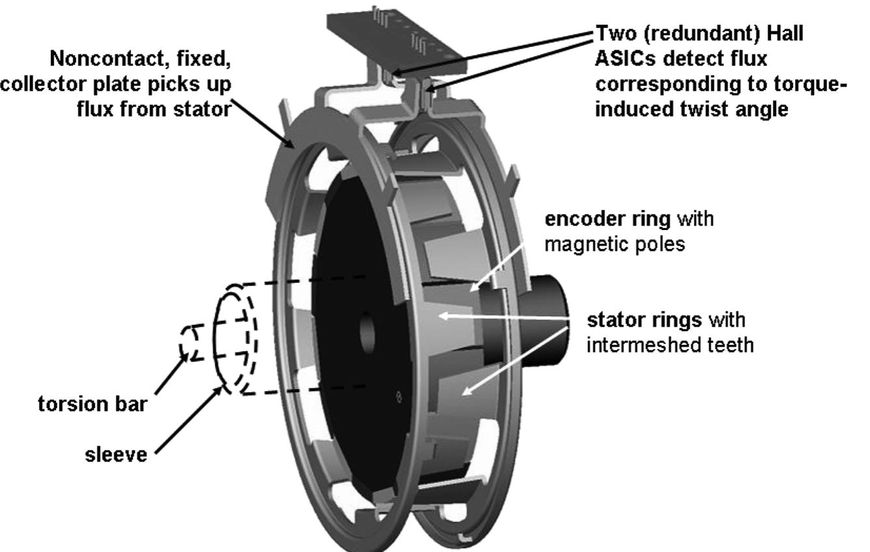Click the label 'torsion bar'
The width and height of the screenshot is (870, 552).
click(92, 404)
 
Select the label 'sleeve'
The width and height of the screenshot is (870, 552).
click(116, 454)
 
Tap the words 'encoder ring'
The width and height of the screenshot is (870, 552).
click(608, 220)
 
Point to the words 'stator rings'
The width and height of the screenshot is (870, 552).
click(644, 320)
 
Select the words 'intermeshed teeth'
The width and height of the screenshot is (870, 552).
click(670, 345)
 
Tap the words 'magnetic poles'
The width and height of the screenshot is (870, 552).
click(615, 245)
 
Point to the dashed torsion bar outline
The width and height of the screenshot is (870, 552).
click(191, 342)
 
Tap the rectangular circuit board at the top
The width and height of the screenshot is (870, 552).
click(396, 41)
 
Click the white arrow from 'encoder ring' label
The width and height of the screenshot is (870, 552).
click(497, 269)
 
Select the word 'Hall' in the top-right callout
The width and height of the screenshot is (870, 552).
click(785, 33)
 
